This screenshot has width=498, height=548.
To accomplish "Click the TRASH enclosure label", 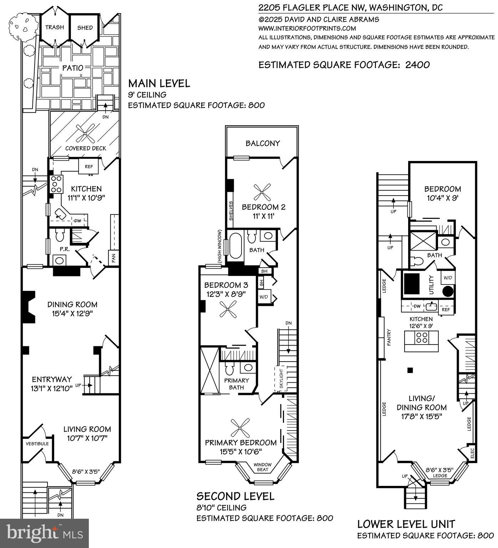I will [x=55, y=27].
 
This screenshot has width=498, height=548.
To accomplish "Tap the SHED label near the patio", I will [x=85, y=27].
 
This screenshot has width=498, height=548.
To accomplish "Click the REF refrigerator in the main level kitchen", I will [x=88, y=166].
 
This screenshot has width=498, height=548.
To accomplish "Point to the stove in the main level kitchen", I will [x=56, y=184].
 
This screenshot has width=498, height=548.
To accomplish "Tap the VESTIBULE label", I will [x=37, y=444].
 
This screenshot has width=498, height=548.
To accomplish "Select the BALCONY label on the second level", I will [x=263, y=143].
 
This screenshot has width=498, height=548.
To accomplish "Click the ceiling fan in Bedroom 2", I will [x=262, y=192].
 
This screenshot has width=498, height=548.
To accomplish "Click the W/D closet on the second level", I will [x=264, y=297].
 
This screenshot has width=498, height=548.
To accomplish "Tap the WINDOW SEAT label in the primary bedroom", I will [x=263, y=467].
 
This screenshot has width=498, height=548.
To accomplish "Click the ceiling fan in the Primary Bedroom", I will [x=240, y=428].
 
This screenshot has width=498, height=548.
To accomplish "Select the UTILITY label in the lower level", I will [x=431, y=285].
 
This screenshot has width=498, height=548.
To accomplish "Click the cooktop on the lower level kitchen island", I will [x=422, y=337].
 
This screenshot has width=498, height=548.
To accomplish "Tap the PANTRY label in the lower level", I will [x=389, y=337].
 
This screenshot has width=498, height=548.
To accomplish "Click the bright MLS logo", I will [x=45, y=533].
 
